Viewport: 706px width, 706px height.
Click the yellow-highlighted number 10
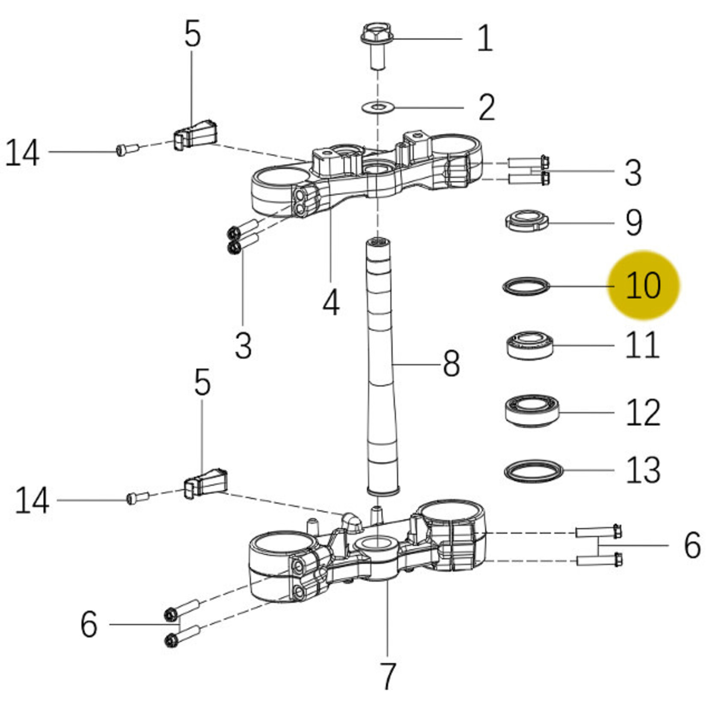(x=643, y=285)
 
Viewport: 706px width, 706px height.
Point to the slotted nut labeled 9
(x=527, y=221)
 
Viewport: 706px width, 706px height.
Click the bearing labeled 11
(x=530, y=344)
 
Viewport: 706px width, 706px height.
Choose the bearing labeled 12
(x=532, y=411)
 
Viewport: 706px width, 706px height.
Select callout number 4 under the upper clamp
(x=331, y=303)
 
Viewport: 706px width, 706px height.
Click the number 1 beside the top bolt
(x=485, y=38)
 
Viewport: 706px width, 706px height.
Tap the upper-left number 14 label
(x=22, y=153)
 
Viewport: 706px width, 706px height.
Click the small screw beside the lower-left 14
(x=138, y=497)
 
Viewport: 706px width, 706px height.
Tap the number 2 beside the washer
(x=487, y=107)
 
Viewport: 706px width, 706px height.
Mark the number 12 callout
(x=643, y=413)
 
